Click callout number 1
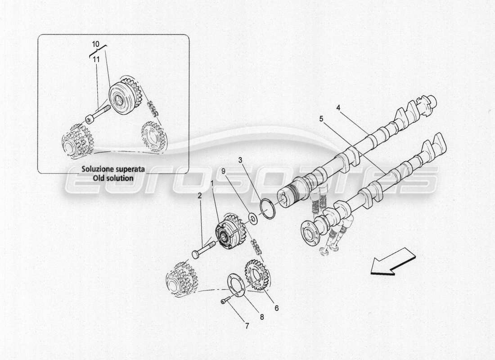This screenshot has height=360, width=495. (212, 184)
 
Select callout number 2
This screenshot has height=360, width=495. (199, 195)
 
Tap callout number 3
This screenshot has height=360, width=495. (241, 160)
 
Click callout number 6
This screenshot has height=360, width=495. (276, 308)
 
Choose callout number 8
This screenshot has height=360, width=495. (262, 317)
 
